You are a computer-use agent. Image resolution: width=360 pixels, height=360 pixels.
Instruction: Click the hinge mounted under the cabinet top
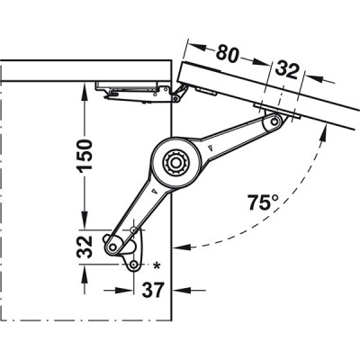pos(135,91)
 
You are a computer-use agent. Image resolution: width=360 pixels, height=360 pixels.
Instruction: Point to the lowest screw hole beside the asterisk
pos(133,267)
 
